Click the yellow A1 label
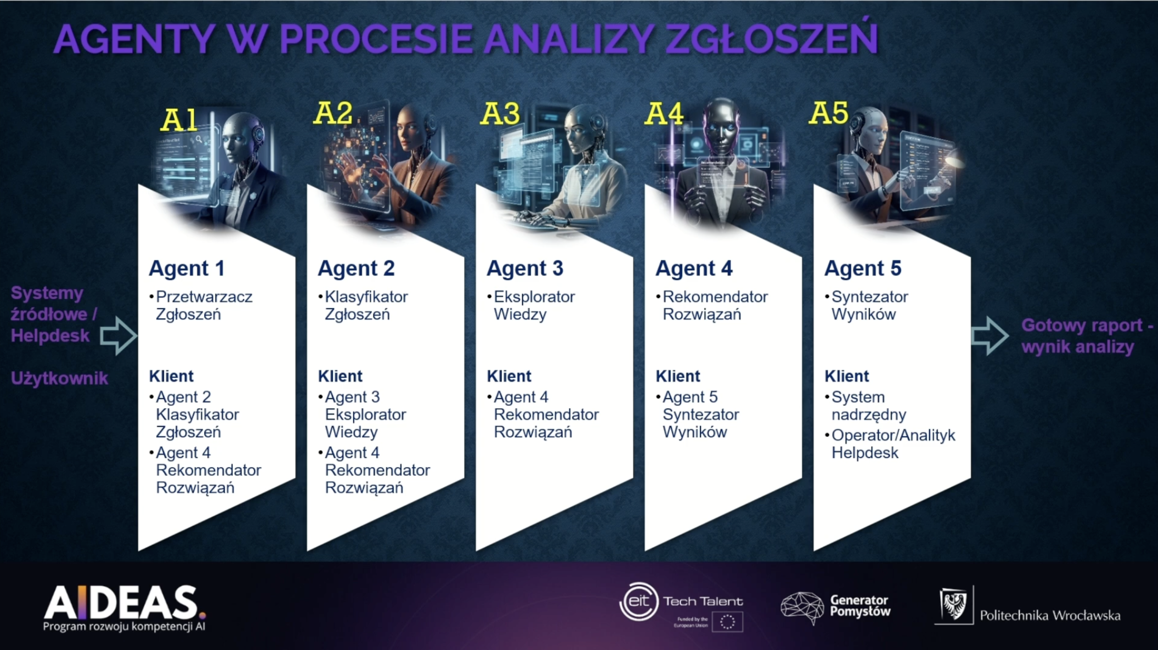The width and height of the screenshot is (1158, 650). [179, 120]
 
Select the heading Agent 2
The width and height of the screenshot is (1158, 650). [356, 269]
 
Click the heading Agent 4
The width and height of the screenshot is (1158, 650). [694, 269]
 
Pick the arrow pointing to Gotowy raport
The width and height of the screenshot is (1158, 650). [990, 336]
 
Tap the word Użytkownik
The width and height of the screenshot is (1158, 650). [59, 378]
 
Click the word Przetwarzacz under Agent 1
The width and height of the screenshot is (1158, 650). [204, 297]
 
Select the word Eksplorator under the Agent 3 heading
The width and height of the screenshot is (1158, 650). [534, 297]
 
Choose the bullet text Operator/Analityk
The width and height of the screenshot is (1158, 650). [893, 435]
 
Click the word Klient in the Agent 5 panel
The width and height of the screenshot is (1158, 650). [847, 376]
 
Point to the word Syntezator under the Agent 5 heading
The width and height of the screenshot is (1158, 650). [869, 297]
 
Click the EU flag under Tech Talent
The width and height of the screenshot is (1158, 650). [727, 622]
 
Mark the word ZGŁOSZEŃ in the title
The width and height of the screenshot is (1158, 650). [771, 38]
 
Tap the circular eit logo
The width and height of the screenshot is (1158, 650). [639, 601]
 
